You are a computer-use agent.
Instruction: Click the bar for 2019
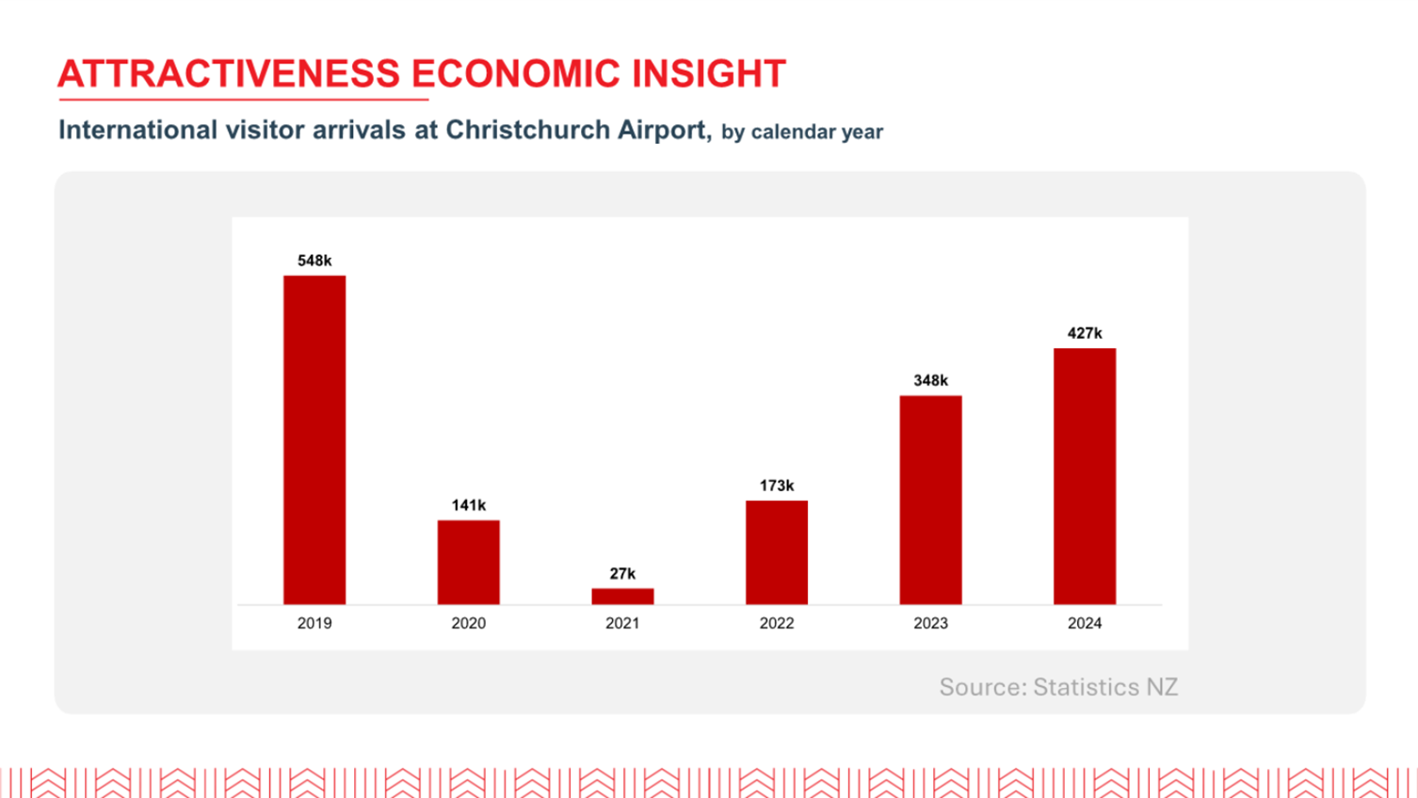(x=314, y=439)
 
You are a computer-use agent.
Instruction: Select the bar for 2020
(x=468, y=562)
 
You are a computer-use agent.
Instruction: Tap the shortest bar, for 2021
(x=622, y=596)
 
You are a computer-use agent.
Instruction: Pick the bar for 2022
(x=777, y=552)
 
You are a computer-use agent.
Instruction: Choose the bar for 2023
(x=930, y=500)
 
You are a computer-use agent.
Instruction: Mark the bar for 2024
(x=1085, y=476)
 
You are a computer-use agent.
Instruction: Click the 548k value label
(x=314, y=261)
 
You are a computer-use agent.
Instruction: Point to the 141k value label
(x=468, y=505)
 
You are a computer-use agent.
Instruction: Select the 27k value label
(x=622, y=573)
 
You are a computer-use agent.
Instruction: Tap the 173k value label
(x=777, y=486)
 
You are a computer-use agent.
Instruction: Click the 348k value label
(x=930, y=380)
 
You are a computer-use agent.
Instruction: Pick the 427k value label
(x=1085, y=333)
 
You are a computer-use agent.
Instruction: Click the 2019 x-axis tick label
(x=314, y=623)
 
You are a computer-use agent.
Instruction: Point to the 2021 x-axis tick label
(x=622, y=623)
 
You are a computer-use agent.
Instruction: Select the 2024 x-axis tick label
(x=1085, y=623)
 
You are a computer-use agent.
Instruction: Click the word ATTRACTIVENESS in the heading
(x=229, y=74)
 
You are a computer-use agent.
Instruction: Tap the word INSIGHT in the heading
(x=708, y=74)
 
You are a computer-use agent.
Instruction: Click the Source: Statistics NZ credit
(x=1058, y=687)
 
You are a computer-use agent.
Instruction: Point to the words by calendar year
(x=802, y=132)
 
